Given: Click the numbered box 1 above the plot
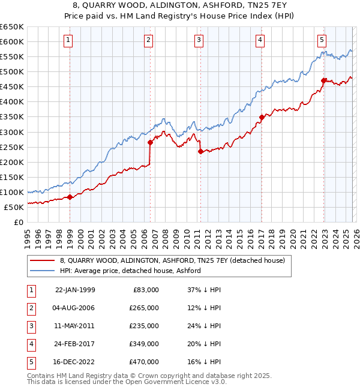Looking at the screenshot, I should click(x=68, y=40).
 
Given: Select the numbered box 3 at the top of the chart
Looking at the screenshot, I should click(x=198, y=40).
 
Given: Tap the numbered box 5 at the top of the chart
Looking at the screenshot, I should click(x=322, y=40).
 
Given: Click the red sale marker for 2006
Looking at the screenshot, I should click(x=150, y=142).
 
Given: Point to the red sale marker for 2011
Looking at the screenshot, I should click(x=200, y=151).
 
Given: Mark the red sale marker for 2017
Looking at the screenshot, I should click(x=262, y=117).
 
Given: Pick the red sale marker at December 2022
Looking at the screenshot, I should click(x=323, y=80).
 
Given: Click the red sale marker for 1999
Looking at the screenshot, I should click(x=70, y=197).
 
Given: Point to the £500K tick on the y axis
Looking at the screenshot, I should click(x=12, y=71).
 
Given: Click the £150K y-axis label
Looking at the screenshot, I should click(x=12, y=177).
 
